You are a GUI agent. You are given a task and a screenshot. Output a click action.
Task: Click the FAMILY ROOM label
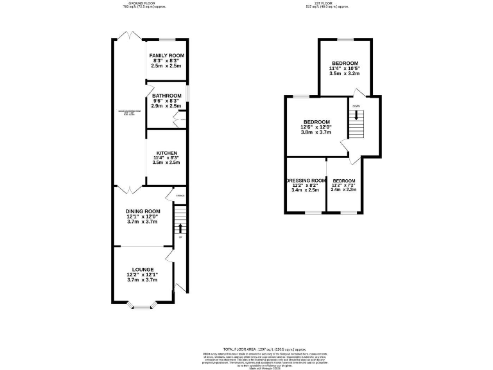pyautogui.click(x=167, y=57)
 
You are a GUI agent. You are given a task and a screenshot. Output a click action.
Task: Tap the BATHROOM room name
pyautogui.click(x=166, y=96)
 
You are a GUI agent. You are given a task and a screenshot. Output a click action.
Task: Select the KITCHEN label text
pyautogui.click(x=166, y=153)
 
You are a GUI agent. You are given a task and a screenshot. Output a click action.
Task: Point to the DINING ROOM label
pyautogui.click(x=143, y=211)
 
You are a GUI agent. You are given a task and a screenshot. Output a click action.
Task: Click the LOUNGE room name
pyautogui.click(x=143, y=269)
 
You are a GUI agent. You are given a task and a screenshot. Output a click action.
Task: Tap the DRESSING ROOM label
pyautogui.click(x=305, y=181)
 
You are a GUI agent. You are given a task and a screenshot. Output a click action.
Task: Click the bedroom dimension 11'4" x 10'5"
pyautogui.click(x=345, y=68)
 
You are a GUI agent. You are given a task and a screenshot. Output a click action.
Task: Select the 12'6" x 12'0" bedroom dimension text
pyautogui.click(x=316, y=127)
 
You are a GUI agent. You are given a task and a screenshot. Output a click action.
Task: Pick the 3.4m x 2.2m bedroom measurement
pyautogui.click(x=343, y=190)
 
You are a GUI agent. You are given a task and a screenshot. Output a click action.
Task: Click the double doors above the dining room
pyautogui.click(x=130, y=189)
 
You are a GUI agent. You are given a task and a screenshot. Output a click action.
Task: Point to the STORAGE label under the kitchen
pyautogui.click(x=180, y=195)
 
